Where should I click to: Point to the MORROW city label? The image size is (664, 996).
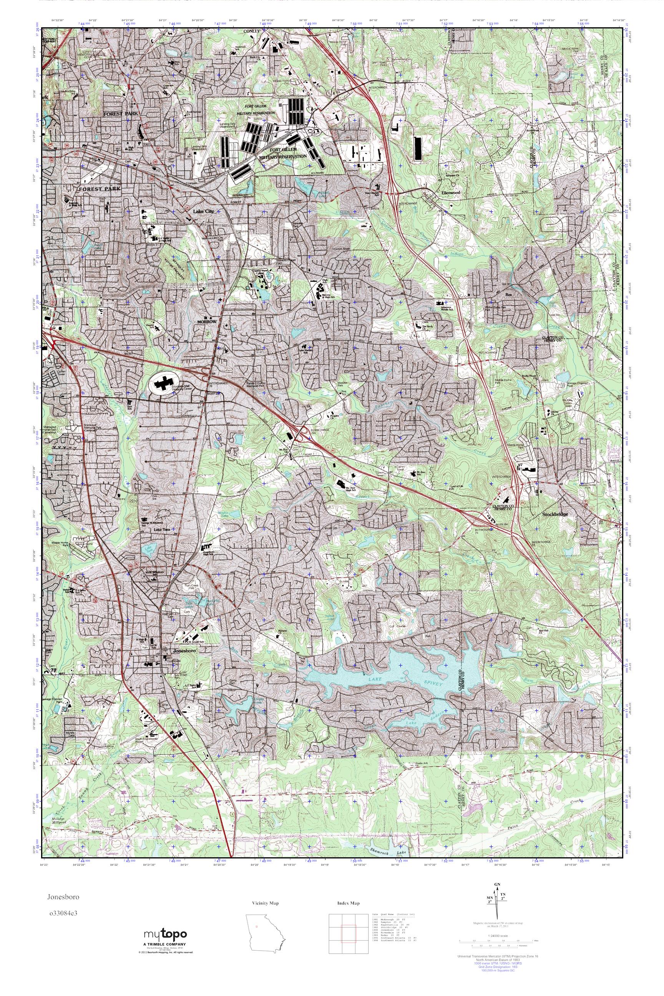pyautogui.click(x=207, y=322)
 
